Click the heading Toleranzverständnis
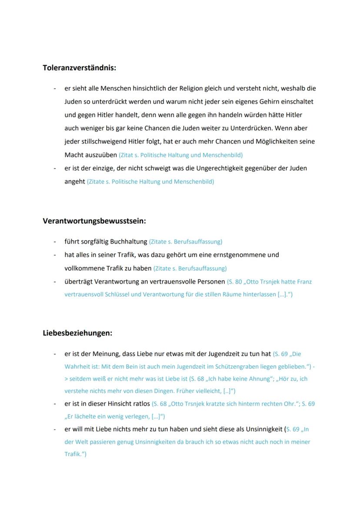pyautogui.click(x=79, y=68)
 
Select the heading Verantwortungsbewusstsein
pyautogui.click(x=94, y=221)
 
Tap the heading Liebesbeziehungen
pyautogui.click(x=77, y=333)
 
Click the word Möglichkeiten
pyautogui.click(x=266, y=142)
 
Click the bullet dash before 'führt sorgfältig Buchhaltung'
pyautogui.click(x=55, y=241)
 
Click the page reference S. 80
pyautogui.click(x=236, y=282)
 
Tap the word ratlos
pyautogui.click(x=139, y=404)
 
